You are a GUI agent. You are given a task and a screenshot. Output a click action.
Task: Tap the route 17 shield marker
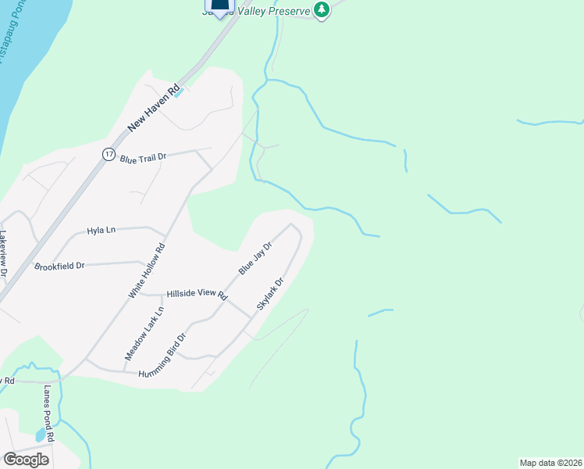pyautogui.click(x=108, y=154)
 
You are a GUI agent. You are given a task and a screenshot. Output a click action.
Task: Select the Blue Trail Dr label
pyautogui.click(x=144, y=158)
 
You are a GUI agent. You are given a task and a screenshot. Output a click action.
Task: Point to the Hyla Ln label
pyautogui.click(x=101, y=231)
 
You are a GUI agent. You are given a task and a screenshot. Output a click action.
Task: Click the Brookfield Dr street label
pyautogui.click(x=59, y=266)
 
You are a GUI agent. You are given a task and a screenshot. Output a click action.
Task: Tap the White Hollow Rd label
pyautogui.click(x=147, y=270)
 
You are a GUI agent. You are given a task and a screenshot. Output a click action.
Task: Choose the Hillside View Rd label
pyautogui.click(x=195, y=295)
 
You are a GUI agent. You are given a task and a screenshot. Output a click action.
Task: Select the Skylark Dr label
pyautogui.click(x=269, y=293)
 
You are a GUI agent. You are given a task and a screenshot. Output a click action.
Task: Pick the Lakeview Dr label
pyautogui.click(x=3, y=255)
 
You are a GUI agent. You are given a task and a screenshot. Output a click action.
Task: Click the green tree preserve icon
pyautogui.click(x=321, y=9)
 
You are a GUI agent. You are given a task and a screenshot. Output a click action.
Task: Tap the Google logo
pyautogui.click(x=26, y=459)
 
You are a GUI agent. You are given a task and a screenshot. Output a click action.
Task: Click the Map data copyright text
pyautogui.click(x=551, y=463)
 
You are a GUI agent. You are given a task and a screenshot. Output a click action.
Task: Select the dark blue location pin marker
pyautogui.click(x=220, y=6)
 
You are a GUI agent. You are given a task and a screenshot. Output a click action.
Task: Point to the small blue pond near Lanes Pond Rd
pyautogui.click(x=40, y=435)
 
